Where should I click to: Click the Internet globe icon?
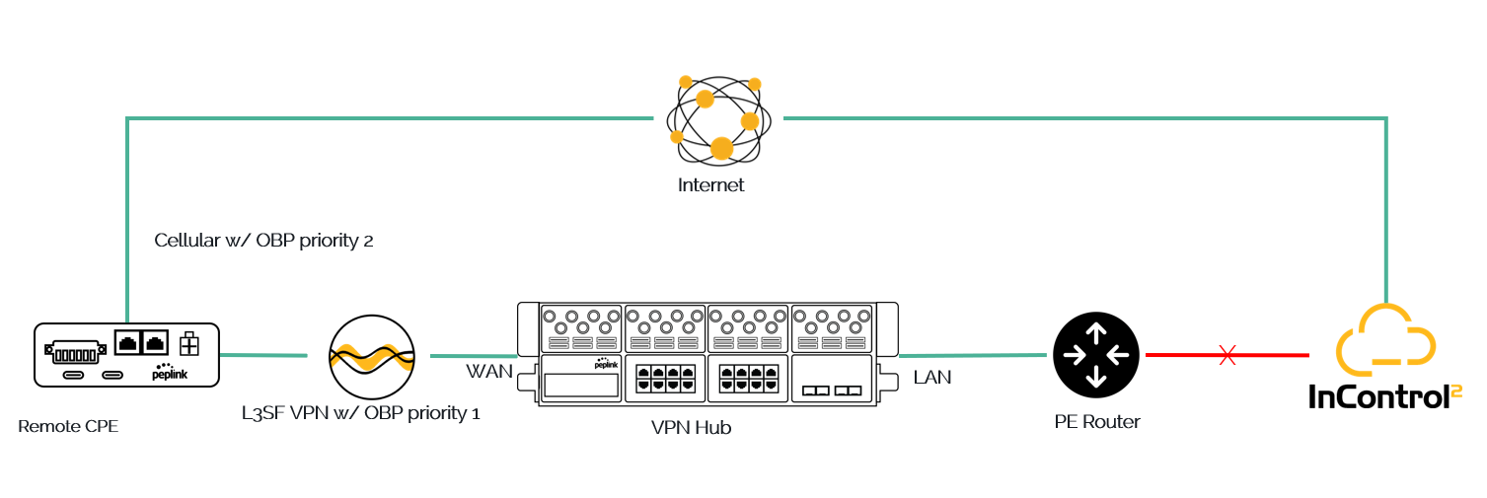click(x=715, y=118)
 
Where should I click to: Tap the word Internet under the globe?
click(x=710, y=185)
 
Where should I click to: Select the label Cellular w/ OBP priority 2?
click(x=263, y=241)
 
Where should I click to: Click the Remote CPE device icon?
click(x=126, y=354)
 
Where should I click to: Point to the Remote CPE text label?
click(x=68, y=426)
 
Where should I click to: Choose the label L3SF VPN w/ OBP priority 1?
click(x=361, y=412)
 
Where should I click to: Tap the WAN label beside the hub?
click(x=488, y=372)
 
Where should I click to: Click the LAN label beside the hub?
click(x=932, y=377)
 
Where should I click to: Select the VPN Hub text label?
click(x=691, y=428)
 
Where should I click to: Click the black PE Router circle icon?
click(x=1095, y=354)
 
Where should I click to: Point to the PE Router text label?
click(x=1096, y=422)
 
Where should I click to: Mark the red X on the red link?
click(x=1227, y=356)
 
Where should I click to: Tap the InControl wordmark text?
click(x=1384, y=396)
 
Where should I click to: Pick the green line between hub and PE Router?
click(x=973, y=355)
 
